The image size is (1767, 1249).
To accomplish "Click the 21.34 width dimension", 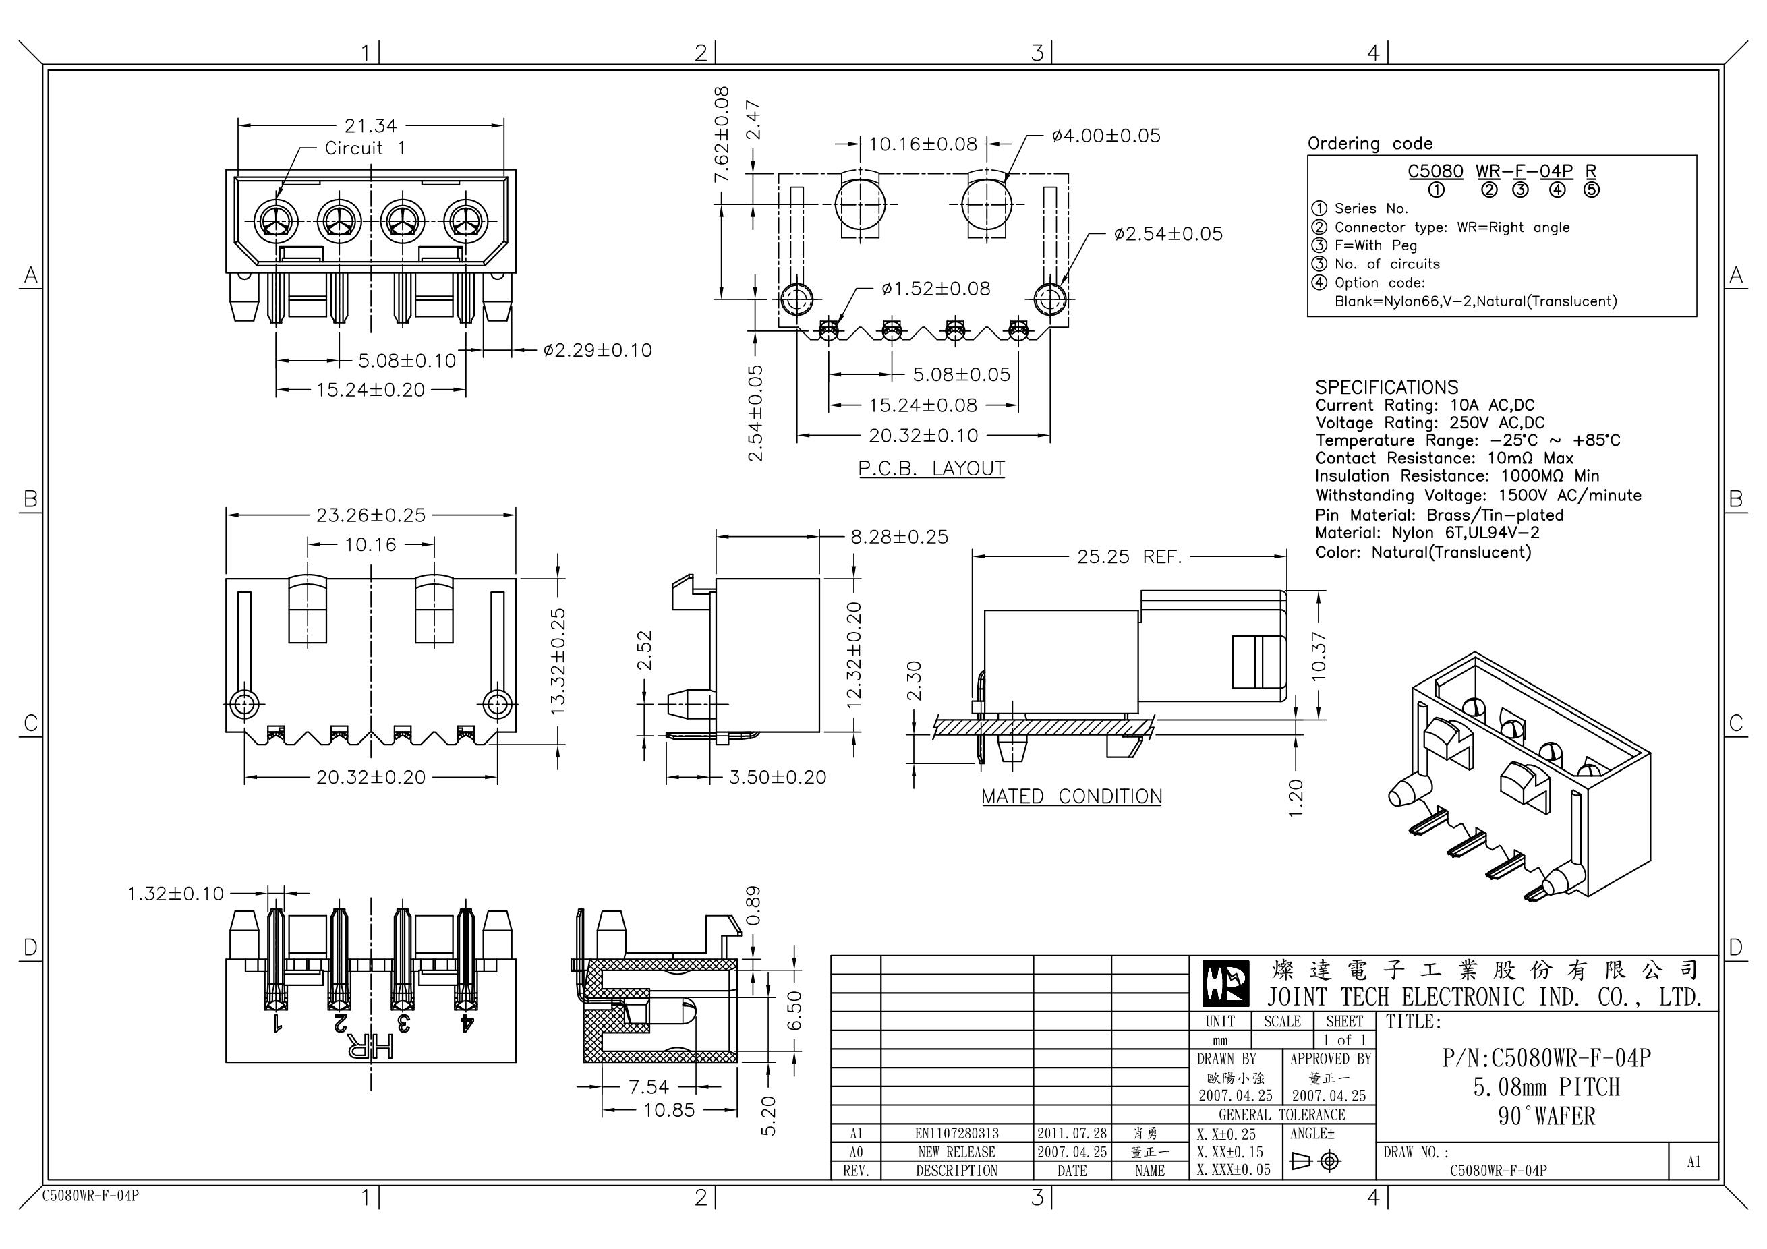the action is [x=370, y=125].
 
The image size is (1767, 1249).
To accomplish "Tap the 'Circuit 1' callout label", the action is [x=365, y=148].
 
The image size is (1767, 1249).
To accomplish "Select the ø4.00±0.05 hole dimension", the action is [x=1106, y=136].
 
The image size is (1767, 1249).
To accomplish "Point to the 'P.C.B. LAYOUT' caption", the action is [x=931, y=469].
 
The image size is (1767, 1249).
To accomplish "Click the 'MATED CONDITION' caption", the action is [x=1071, y=796].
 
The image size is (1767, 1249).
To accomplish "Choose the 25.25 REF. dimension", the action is [x=1129, y=556].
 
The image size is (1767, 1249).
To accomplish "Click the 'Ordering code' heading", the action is [x=1370, y=144].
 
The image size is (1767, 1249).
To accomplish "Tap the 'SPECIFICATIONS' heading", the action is [x=1387, y=387].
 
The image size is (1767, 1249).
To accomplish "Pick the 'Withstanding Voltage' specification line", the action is [x=1478, y=496].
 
